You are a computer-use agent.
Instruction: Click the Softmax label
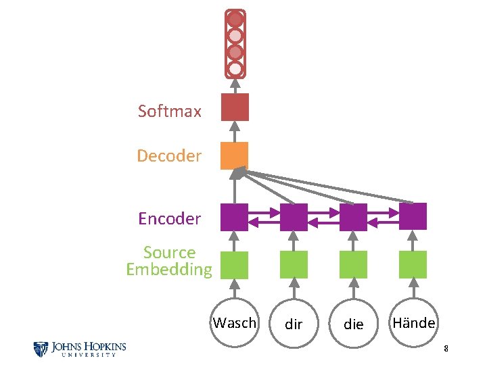click(x=169, y=111)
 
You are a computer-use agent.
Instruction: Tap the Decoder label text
click(x=169, y=156)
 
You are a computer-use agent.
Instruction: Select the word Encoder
click(x=169, y=218)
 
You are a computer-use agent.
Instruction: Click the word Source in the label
click(x=169, y=253)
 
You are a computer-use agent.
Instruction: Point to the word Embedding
click(x=169, y=269)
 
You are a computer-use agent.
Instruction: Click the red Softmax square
click(x=235, y=107)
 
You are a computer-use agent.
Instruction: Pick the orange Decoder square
click(x=235, y=155)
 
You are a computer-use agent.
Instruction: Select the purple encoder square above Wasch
click(x=235, y=217)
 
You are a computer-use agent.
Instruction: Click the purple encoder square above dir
click(x=294, y=217)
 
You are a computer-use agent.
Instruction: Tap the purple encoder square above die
click(x=353, y=217)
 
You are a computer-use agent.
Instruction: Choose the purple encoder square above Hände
click(x=413, y=216)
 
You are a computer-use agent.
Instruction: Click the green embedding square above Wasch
click(x=235, y=265)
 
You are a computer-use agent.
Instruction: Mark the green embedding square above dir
click(x=294, y=265)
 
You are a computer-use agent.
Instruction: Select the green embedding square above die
click(x=353, y=265)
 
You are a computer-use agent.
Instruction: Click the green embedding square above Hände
click(x=413, y=265)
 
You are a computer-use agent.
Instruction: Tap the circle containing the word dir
click(x=294, y=324)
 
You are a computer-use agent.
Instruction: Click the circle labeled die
click(x=353, y=324)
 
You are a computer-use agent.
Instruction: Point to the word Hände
click(x=413, y=323)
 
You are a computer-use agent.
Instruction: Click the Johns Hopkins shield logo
click(x=41, y=349)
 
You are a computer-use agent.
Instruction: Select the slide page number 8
click(x=446, y=349)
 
